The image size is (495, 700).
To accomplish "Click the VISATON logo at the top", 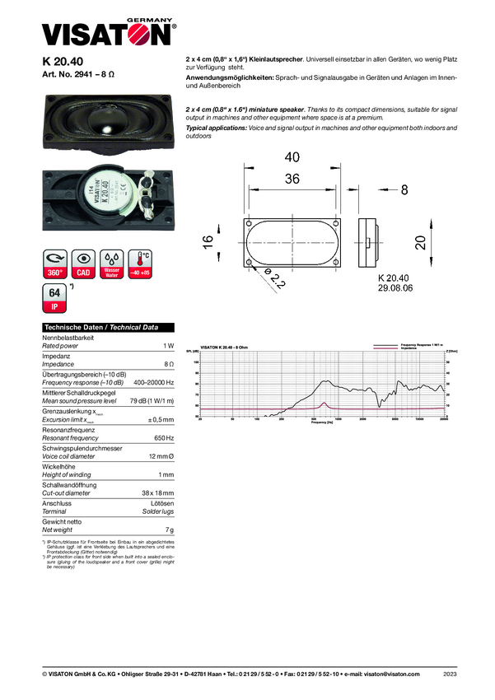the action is coord(108,34).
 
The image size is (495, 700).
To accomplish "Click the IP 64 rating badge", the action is coord(54,298).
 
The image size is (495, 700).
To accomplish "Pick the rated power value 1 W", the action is coord(169,346).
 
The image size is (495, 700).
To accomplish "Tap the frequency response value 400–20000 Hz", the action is coord(154,382).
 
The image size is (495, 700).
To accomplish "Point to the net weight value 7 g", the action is coord(170,530).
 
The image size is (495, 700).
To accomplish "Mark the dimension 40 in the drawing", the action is coord(292,157).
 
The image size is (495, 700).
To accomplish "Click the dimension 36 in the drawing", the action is coord(292,179).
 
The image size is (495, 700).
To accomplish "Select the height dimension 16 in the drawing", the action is coord(211,241).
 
